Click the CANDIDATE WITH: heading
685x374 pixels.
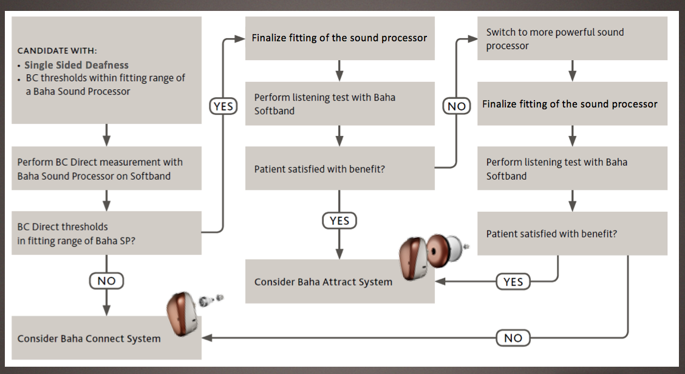[x=57, y=50]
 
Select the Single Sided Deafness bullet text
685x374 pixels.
[x=77, y=65]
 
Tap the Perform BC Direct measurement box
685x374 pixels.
[x=107, y=168]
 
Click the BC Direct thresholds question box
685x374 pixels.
[x=107, y=233]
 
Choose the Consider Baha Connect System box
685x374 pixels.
[x=107, y=338]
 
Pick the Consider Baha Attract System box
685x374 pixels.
[x=340, y=281]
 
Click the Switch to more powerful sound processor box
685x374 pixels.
[x=572, y=38]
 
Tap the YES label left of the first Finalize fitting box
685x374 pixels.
[x=223, y=106]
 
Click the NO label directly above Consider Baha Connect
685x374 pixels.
[x=107, y=280]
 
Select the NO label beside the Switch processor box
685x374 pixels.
[x=457, y=106]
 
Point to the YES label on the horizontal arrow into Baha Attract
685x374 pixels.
[x=513, y=282]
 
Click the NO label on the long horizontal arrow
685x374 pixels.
[x=513, y=338]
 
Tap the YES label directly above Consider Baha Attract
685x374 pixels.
[x=339, y=220]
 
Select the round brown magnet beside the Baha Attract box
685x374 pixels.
[x=438, y=251]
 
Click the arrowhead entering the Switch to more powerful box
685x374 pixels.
[x=472, y=39]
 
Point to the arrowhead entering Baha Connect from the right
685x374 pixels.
[x=206, y=338]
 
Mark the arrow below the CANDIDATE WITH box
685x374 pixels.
[x=107, y=135]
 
